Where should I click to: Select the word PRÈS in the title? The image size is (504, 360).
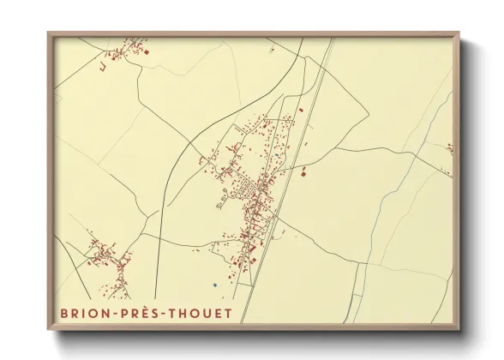click(141, 313)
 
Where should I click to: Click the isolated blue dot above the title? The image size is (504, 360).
click(215, 285)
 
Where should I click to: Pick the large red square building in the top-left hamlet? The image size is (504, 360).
click(146, 53)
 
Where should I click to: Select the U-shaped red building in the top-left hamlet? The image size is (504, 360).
click(101, 65)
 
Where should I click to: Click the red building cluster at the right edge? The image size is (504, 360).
click(449, 148)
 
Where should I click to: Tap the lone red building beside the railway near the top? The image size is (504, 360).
click(301, 109)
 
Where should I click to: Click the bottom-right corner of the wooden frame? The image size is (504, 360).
click(459, 330)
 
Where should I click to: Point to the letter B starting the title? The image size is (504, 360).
click(63, 313)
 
